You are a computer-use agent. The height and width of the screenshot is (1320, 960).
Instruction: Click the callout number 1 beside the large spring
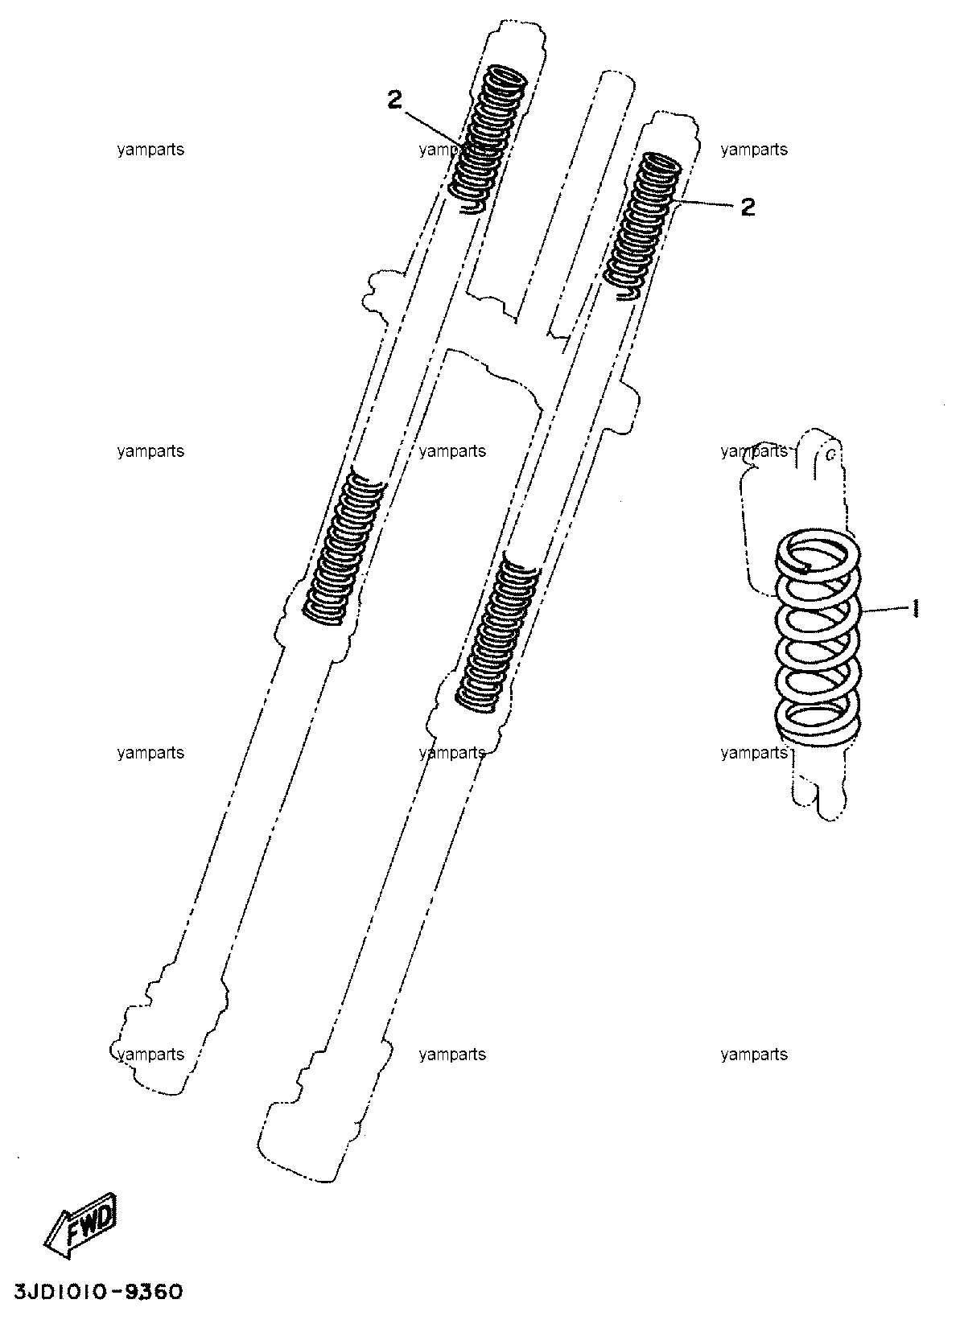click(915, 608)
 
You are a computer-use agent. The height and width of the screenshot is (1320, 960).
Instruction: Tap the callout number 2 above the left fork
click(394, 100)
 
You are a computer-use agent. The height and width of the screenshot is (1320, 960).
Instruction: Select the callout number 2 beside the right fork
click(748, 207)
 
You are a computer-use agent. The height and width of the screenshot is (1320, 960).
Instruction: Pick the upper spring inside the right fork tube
click(644, 226)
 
